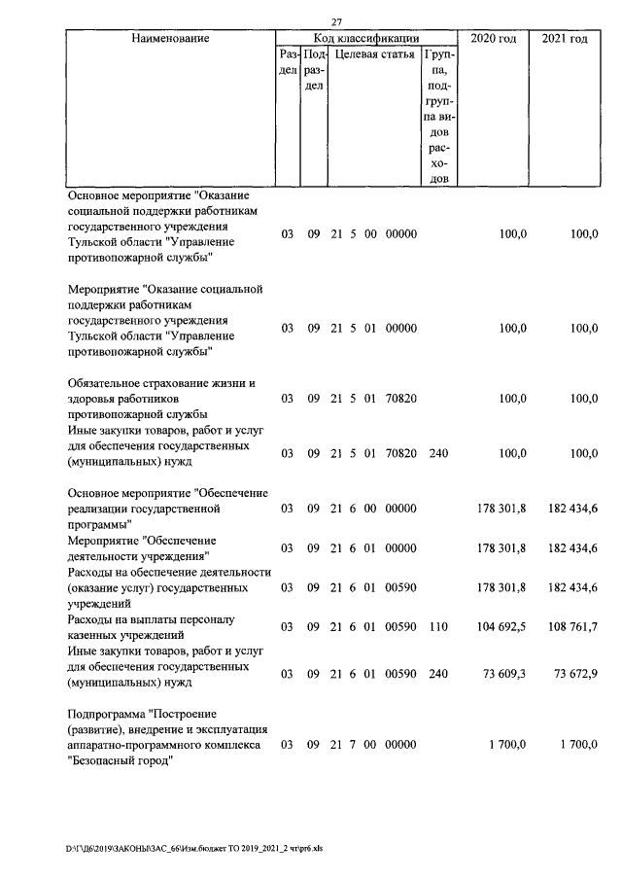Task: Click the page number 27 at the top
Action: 337,22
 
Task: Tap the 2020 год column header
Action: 493,38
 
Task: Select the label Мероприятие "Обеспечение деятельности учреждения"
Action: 141,547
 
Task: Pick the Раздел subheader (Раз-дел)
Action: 287,63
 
